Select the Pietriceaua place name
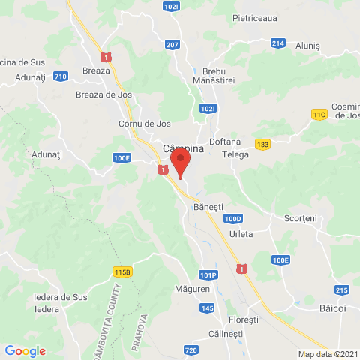click(254, 16)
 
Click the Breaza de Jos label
click(104, 94)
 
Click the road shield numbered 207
click(172, 46)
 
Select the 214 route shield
click(277, 43)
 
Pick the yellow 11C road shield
click(320, 114)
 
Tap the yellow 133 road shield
click(262, 145)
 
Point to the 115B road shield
click(123, 271)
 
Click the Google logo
click(25, 351)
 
